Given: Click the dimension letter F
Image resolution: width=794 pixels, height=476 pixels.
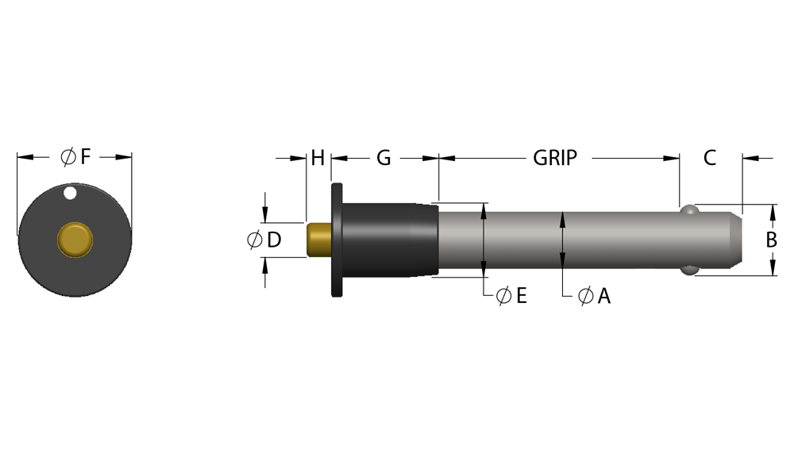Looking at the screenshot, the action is tap(85, 157).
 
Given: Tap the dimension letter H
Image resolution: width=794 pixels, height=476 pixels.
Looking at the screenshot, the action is tap(318, 158).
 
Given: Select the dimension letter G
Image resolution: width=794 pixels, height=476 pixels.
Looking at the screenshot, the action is tap(384, 158).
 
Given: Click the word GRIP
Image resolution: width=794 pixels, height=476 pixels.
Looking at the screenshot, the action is tap(555, 158).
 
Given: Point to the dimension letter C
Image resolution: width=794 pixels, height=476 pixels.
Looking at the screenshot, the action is tap(710, 158).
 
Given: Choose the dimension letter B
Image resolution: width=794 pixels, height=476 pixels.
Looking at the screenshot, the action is tap(771, 240).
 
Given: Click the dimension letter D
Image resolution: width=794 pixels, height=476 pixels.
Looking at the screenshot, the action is tap(274, 240).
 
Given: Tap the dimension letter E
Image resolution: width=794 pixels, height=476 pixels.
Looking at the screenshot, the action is tap(522, 295).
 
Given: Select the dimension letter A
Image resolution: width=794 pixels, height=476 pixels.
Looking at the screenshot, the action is tap(603, 296).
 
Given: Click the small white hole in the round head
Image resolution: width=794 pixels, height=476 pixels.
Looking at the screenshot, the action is tap(70, 193).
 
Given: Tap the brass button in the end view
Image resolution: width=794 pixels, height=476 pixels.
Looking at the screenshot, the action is tap(75, 240).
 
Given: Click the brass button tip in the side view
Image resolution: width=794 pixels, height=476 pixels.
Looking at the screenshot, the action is tap(319, 240).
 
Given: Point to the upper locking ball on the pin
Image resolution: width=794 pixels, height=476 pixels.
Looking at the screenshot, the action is tap(689, 209).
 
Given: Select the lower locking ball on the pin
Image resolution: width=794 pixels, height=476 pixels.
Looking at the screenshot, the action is tap(689, 270).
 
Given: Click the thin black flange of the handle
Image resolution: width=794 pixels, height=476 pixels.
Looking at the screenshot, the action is tap(337, 240).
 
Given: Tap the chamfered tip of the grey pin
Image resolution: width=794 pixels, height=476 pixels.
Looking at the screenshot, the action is tap(736, 240).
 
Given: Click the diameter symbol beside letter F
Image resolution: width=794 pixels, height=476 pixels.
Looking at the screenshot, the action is tap(67, 157).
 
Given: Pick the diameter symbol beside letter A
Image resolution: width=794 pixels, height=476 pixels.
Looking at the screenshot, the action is tap(585, 296).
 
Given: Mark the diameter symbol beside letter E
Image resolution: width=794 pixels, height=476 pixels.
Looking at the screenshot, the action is tap(504, 295).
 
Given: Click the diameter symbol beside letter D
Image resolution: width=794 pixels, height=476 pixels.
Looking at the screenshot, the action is tap(255, 240).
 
